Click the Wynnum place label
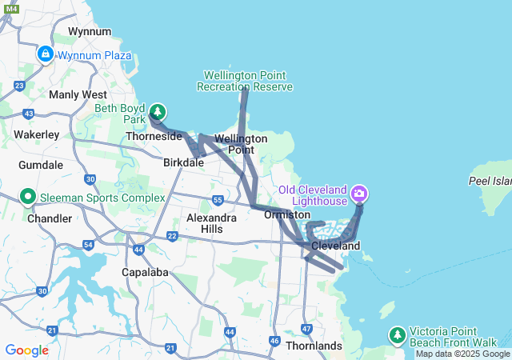click(90, 31)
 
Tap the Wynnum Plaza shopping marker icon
click(45, 54)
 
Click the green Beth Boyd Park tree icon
click(158, 111)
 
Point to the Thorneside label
click(154, 137)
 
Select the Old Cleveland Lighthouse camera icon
click(359, 193)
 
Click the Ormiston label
click(286, 215)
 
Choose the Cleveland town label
click(335, 246)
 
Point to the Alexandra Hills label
click(210, 223)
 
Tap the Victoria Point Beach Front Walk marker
click(397, 334)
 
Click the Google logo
click(26, 350)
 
